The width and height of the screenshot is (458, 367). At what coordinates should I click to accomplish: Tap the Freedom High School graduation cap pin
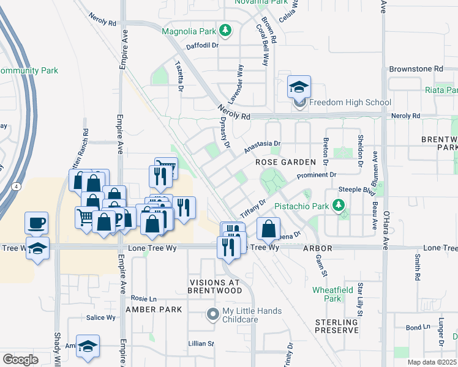click(x=299, y=87)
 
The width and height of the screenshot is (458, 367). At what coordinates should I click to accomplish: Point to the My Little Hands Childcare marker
click(x=212, y=314)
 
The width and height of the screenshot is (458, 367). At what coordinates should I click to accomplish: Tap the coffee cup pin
click(x=36, y=222)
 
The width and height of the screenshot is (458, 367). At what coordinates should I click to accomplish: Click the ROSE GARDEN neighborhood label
click(x=285, y=161)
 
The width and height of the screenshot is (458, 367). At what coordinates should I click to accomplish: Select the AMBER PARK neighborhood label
click(x=154, y=310)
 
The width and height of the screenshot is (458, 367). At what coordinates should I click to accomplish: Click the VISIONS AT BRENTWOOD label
click(x=215, y=286)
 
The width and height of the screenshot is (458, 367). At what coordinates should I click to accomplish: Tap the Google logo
click(x=20, y=360)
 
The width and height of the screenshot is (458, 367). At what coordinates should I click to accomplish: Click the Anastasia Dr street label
click(x=261, y=147)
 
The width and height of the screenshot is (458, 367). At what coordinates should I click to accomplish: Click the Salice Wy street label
click(x=100, y=317)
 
